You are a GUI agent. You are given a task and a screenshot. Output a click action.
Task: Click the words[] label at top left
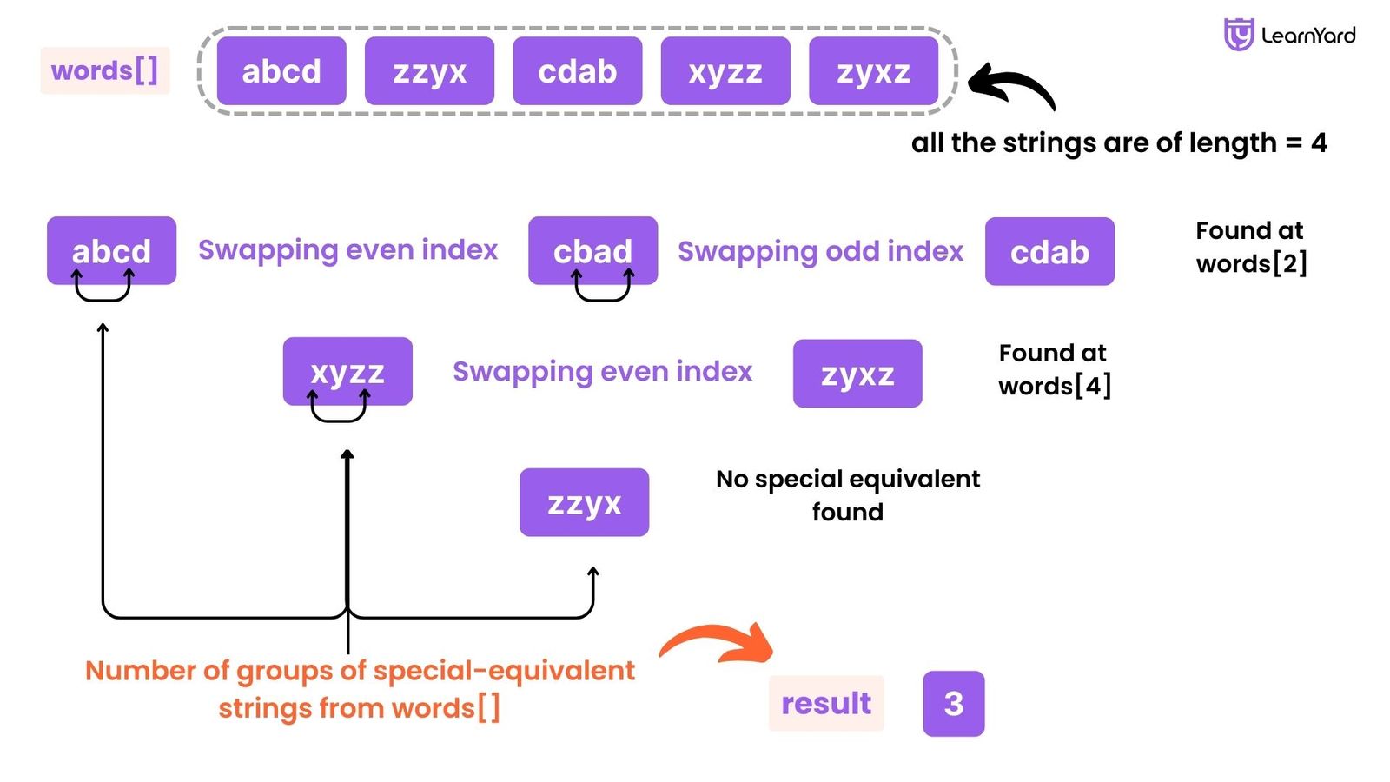104,70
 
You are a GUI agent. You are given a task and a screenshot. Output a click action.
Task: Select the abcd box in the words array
281,70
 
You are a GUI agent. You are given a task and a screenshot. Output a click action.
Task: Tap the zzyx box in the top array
429,70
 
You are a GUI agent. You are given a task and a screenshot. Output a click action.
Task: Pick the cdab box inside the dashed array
577,70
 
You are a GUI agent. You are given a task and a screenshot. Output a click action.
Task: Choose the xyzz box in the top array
725,70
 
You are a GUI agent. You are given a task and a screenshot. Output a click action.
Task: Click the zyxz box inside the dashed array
873,70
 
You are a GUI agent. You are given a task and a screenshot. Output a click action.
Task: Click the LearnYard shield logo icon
1238,35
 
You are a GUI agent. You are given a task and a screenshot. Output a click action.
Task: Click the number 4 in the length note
1319,142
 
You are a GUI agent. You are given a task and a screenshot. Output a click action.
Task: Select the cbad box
592,250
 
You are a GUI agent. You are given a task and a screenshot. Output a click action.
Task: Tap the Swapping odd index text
820,251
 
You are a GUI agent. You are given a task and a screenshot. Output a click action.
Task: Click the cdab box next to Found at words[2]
1049,251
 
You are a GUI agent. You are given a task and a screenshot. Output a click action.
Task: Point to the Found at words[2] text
1251,247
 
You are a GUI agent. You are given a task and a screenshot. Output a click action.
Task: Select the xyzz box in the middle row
347,371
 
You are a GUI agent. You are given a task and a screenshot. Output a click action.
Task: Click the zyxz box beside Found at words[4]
857,374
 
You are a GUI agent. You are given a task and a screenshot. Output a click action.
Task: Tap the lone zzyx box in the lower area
584,502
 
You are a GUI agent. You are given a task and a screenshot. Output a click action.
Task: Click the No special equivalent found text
848,495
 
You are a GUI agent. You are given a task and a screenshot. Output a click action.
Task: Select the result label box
825,703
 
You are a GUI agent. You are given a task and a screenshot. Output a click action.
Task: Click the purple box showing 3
953,703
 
